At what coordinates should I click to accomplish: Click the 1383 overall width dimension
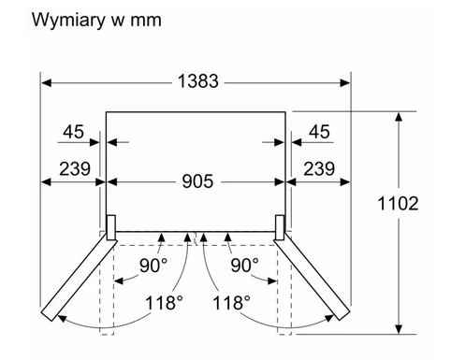tap(197, 81)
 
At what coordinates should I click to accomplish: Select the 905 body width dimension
tap(197, 181)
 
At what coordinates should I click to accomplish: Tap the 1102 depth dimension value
tap(398, 203)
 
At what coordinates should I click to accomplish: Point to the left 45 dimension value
tap(73, 132)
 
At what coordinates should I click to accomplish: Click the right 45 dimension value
tap(319, 132)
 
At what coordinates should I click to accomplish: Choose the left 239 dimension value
tap(75, 168)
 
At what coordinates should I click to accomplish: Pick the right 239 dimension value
tap(319, 168)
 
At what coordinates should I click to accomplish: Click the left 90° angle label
tap(153, 266)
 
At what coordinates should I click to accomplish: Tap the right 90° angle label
tap(244, 266)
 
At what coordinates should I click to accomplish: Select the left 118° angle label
tap(164, 302)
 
